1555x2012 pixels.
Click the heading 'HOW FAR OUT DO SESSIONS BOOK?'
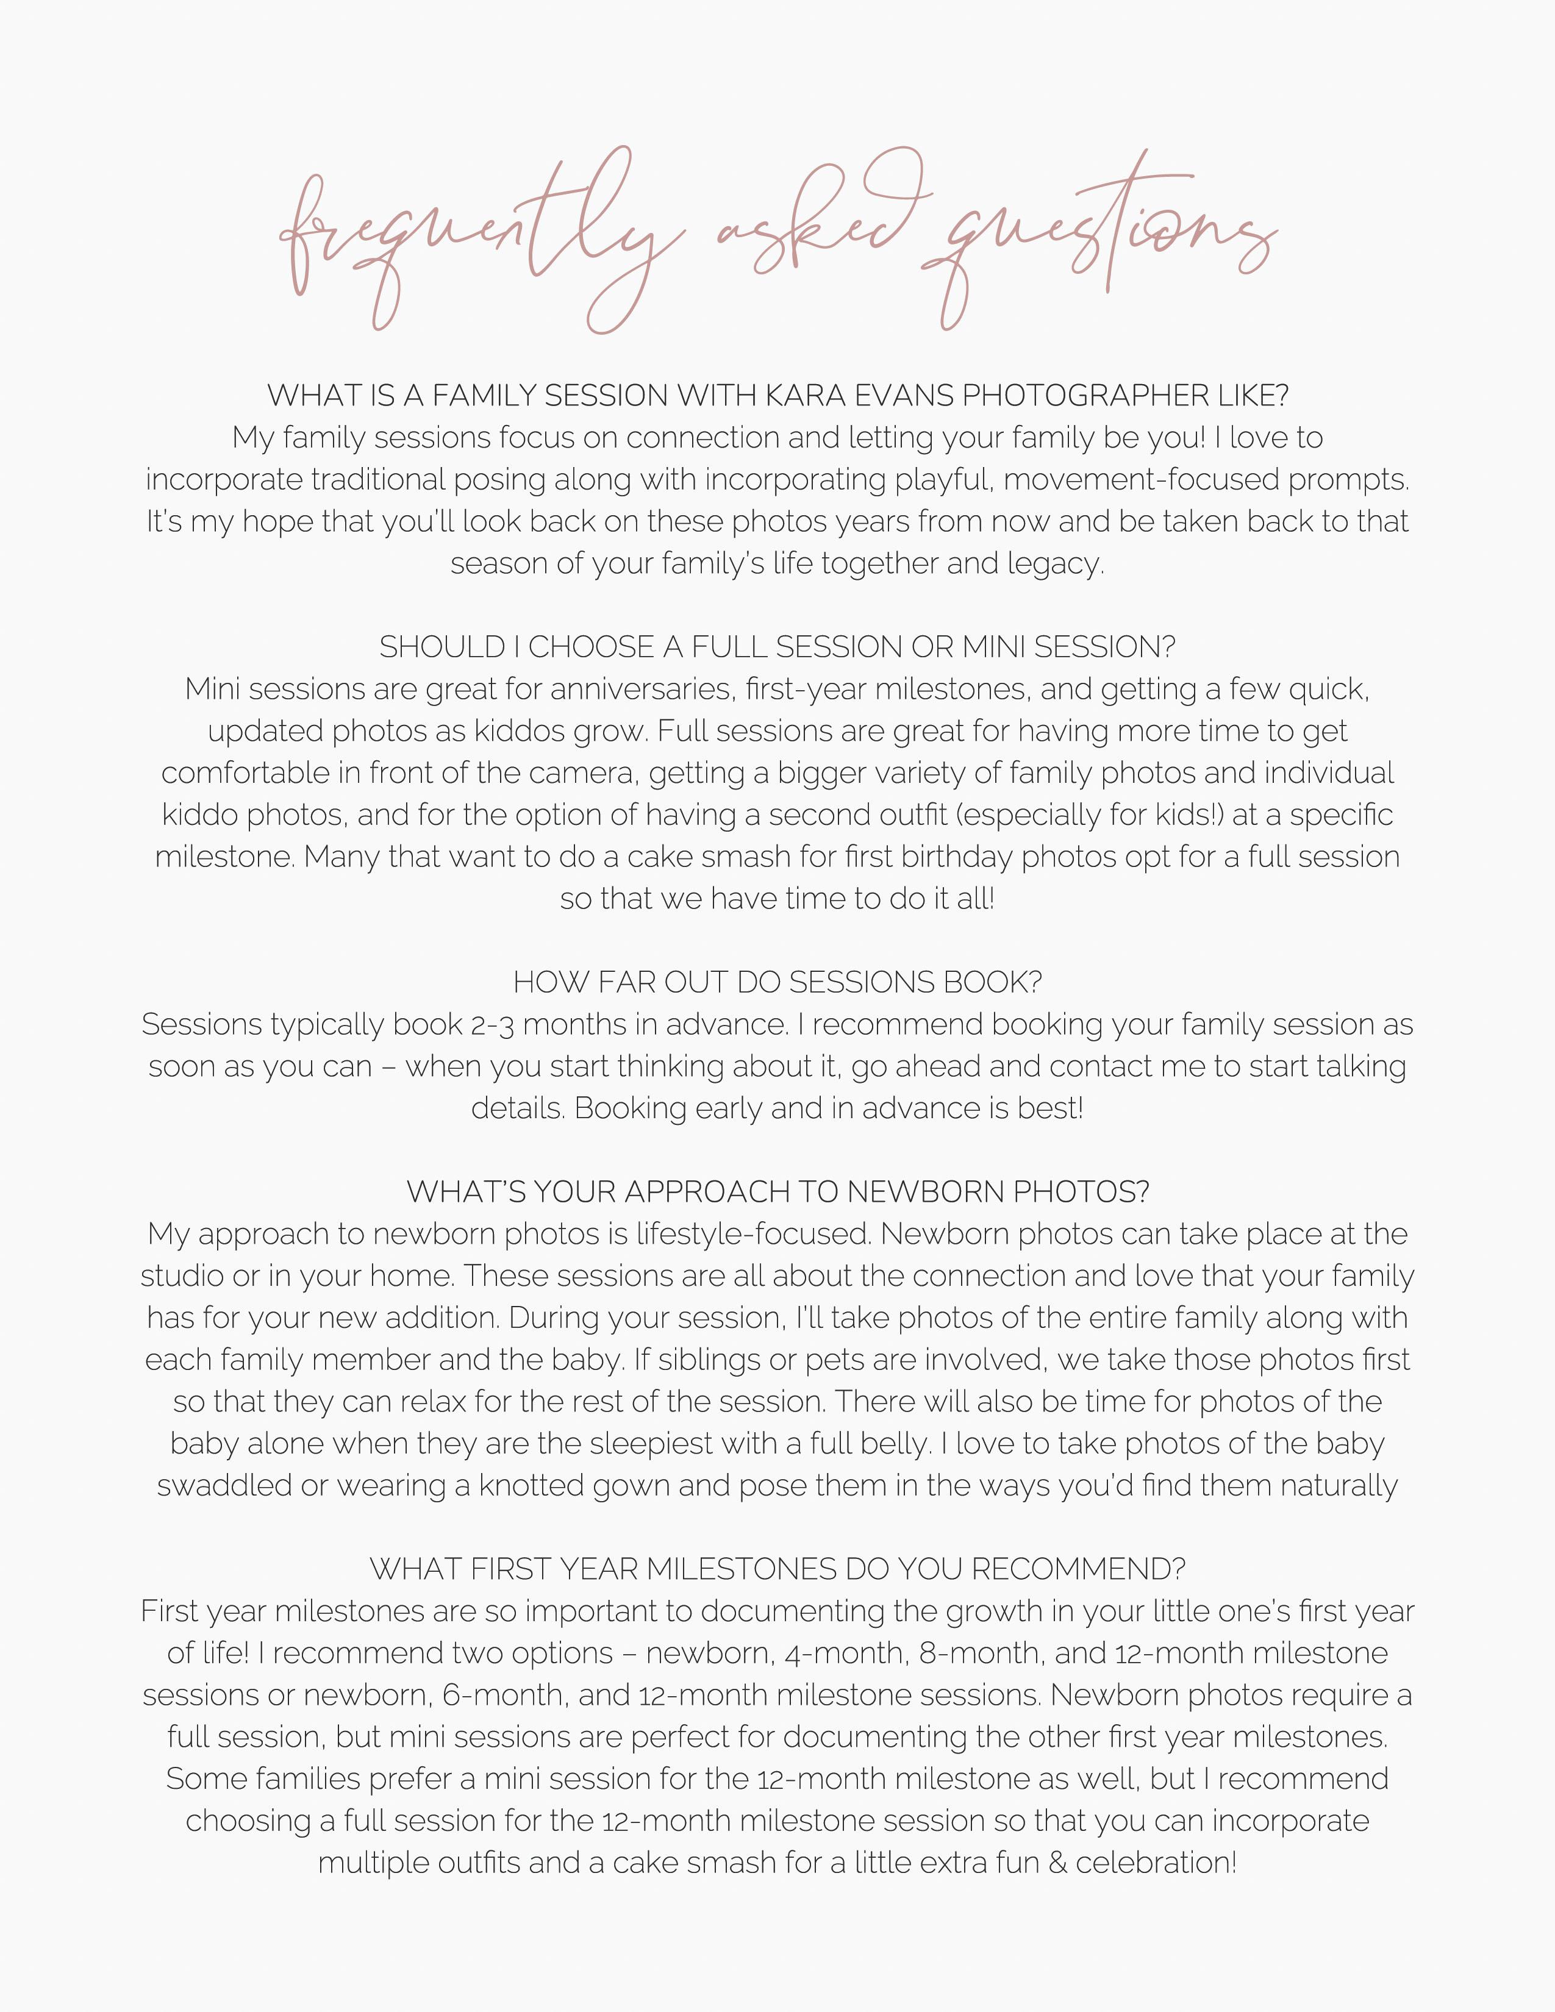(x=778, y=983)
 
